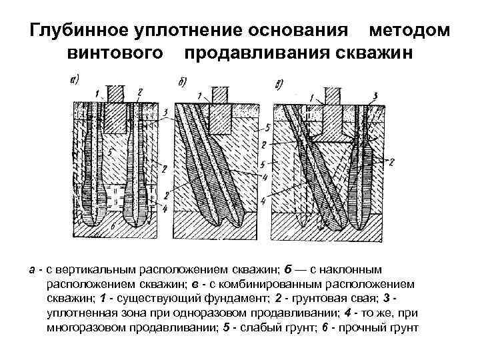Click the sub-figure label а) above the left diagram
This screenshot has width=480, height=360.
point(75,81)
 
